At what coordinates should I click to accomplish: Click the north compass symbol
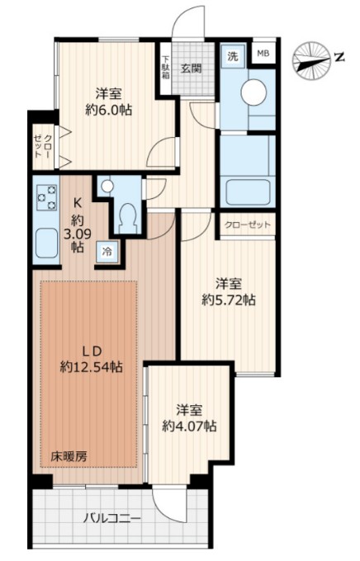(315, 59)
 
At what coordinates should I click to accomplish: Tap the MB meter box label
(263, 54)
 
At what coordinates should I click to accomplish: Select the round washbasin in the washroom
(253, 92)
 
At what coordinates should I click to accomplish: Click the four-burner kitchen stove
(46, 199)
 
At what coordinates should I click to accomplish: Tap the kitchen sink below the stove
(46, 243)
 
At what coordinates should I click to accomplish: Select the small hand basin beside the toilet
(106, 186)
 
